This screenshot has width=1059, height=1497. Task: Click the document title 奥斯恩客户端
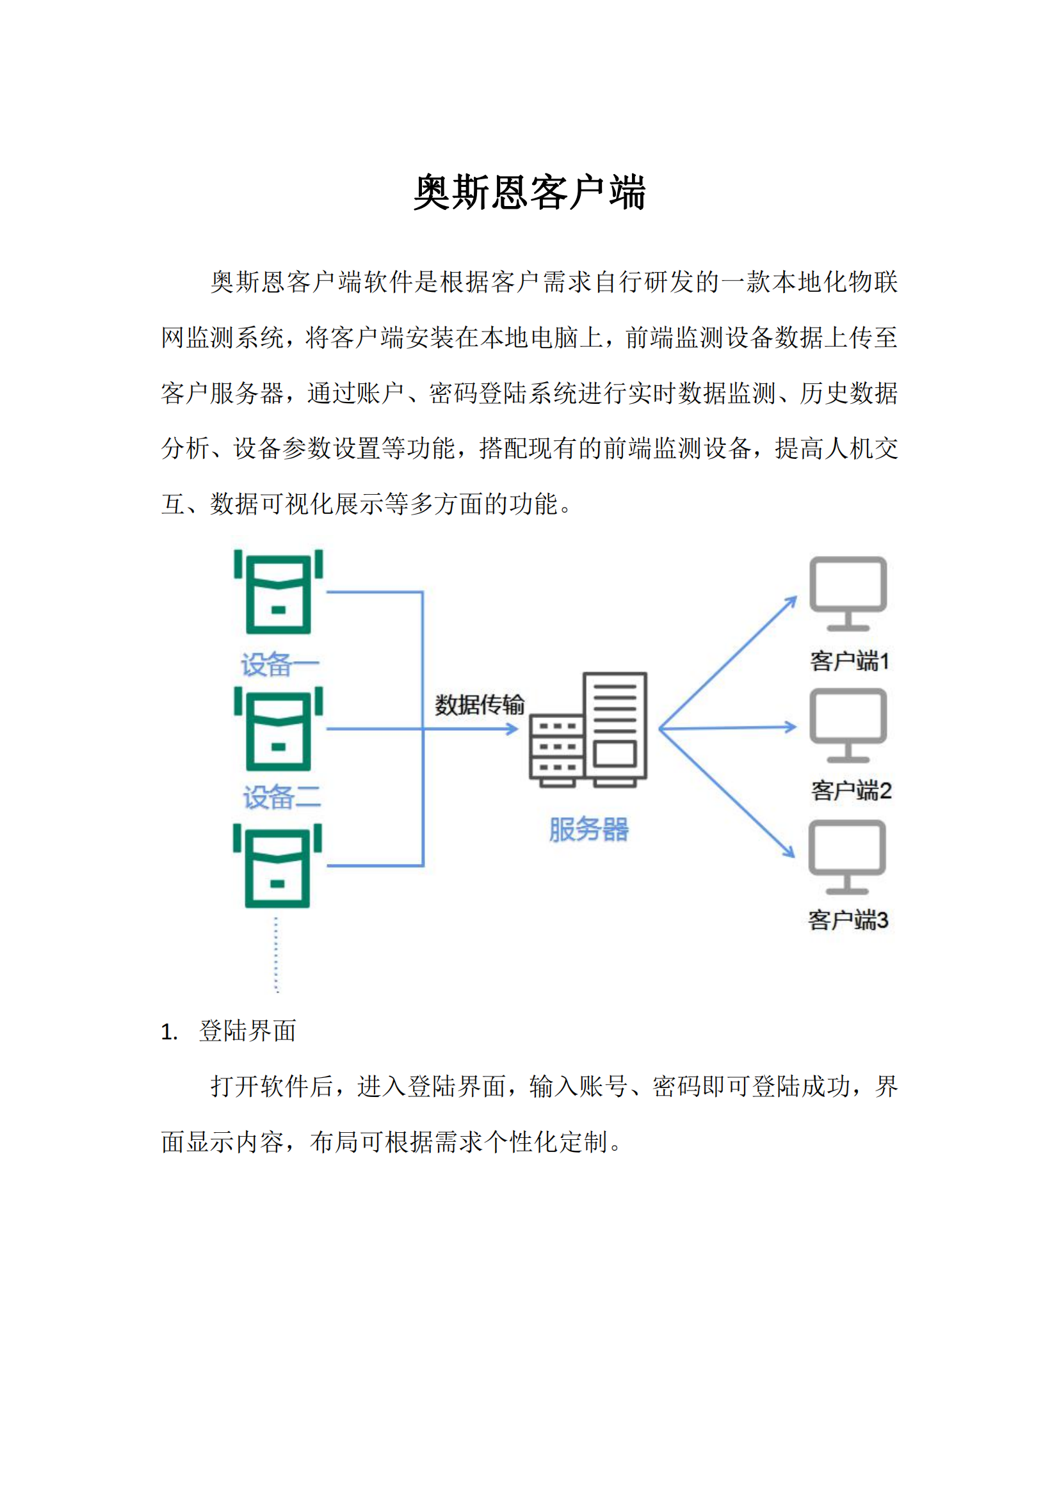[x=529, y=193]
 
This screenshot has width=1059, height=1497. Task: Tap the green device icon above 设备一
[x=279, y=592]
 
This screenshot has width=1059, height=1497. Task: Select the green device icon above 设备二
[x=279, y=729]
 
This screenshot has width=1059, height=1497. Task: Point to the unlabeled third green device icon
[x=278, y=866]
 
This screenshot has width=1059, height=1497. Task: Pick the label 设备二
[x=282, y=797]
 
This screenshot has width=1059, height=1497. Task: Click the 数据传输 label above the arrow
[x=480, y=705]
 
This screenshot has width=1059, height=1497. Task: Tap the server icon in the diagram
[x=588, y=730]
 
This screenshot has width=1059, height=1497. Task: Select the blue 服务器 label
[x=589, y=829]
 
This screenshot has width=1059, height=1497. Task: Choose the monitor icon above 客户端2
[x=848, y=725]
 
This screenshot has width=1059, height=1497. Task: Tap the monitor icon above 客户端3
[x=847, y=857]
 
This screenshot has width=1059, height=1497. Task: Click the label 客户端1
[x=850, y=661]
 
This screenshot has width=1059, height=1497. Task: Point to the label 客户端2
[x=851, y=791]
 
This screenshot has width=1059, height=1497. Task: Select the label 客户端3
[x=848, y=920]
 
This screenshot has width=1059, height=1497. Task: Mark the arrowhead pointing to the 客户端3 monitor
[x=789, y=851]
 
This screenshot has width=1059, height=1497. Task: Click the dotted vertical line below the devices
[x=277, y=954]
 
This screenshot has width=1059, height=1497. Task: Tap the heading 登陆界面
[x=247, y=1031]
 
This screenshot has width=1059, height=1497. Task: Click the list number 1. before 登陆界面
[x=169, y=1032]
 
